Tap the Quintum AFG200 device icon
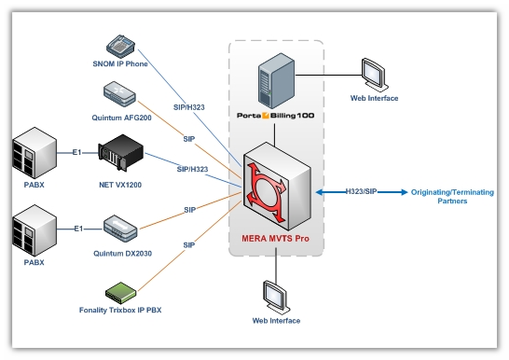(x=119, y=94)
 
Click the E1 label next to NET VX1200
(x=77, y=152)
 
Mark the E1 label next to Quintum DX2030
(x=77, y=229)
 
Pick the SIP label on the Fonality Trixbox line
(x=189, y=245)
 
